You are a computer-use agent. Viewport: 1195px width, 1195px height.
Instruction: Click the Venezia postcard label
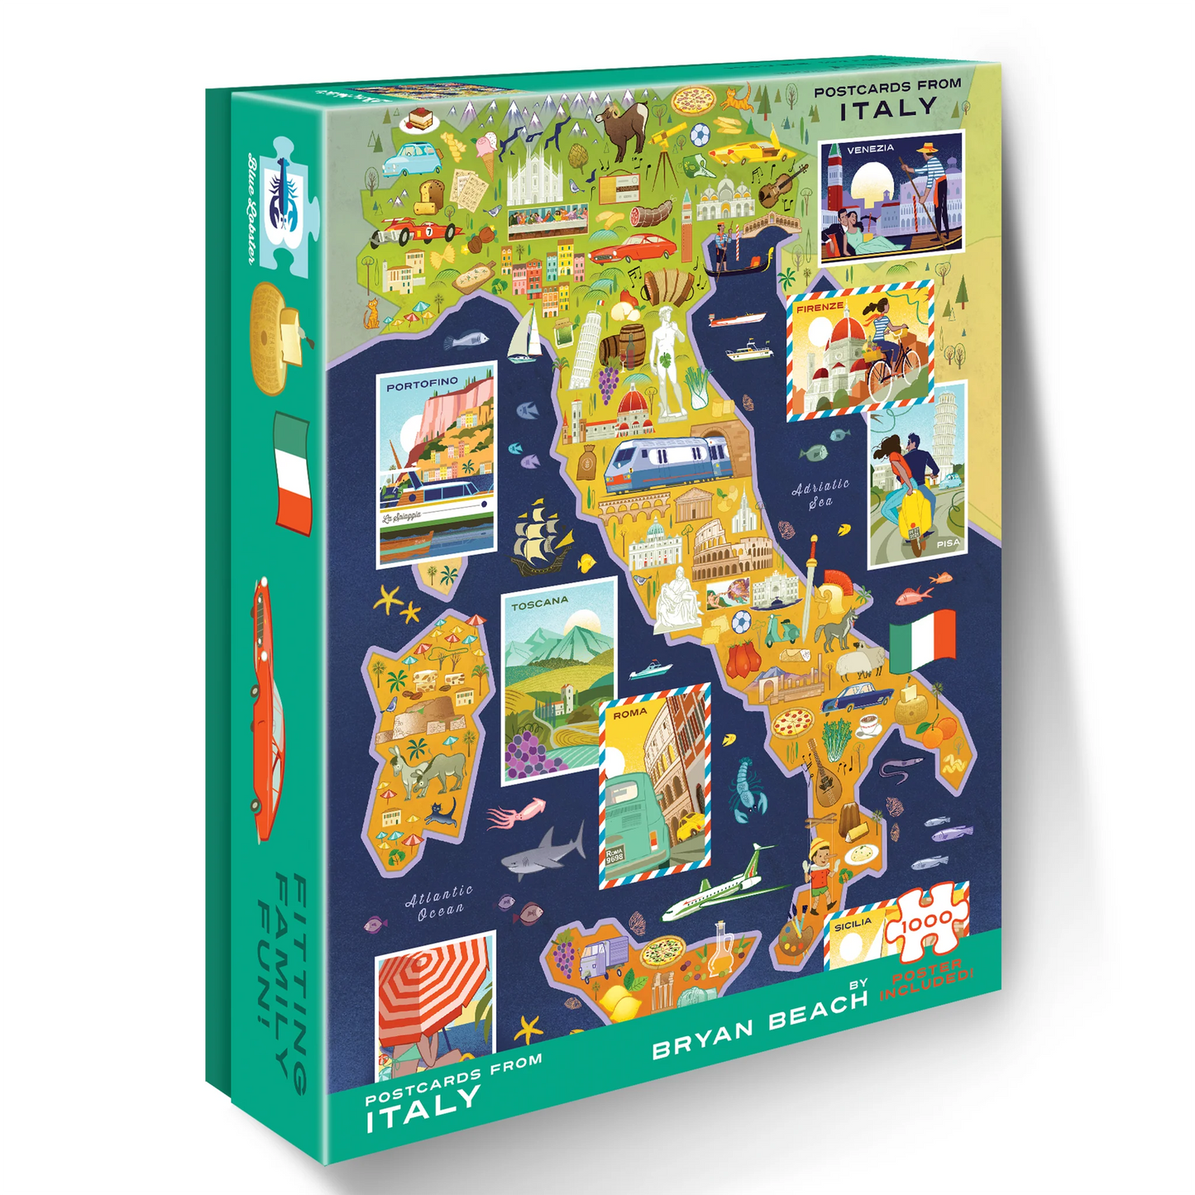(870, 149)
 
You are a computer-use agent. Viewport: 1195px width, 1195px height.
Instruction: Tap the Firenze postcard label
(820, 307)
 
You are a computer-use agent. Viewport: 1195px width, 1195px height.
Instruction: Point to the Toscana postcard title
(539, 604)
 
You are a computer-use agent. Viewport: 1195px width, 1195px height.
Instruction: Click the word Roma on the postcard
(630, 712)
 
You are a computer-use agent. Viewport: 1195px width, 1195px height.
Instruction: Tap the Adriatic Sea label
(820, 493)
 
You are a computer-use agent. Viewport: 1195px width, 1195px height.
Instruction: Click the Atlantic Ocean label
(439, 902)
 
